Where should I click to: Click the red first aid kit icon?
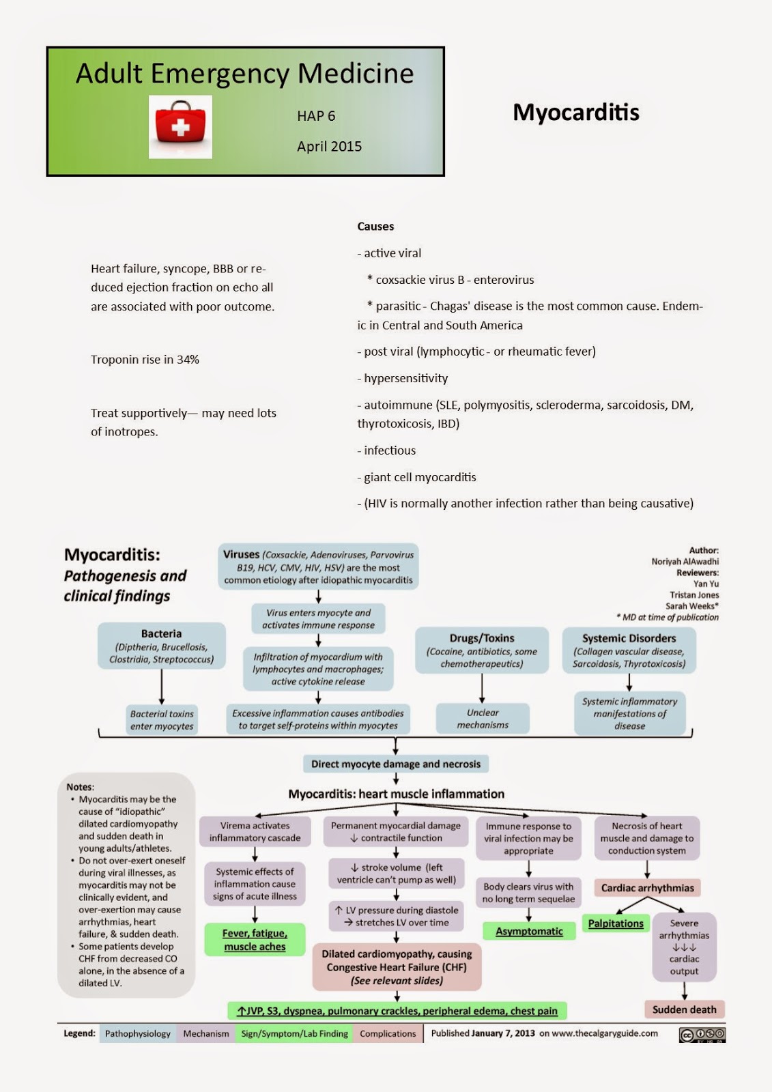click(180, 127)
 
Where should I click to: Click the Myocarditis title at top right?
click(575, 113)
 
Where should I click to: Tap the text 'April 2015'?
click(329, 146)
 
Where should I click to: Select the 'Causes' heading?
click(375, 227)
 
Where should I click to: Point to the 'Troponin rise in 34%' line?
click(145, 360)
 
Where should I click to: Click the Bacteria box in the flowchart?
click(162, 646)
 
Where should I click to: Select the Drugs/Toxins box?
click(482, 650)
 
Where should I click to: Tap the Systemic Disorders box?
click(629, 650)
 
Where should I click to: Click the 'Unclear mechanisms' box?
click(483, 719)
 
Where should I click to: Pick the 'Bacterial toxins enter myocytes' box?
click(162, 720)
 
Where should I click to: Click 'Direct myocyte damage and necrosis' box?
click(396, 764)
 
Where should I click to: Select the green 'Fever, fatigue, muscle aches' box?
click(255, 940)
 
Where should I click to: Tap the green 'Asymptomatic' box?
click(529, 932)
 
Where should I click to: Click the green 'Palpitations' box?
click(616, 923)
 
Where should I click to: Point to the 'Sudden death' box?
click(684, 1009)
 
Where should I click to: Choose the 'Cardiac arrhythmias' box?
click(647, 888)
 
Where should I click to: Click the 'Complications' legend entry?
click(388, 1034)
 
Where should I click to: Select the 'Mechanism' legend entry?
click(206, 1034)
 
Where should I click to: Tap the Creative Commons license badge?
click(702, 1035)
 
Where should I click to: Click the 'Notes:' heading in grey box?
click(81, 787)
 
